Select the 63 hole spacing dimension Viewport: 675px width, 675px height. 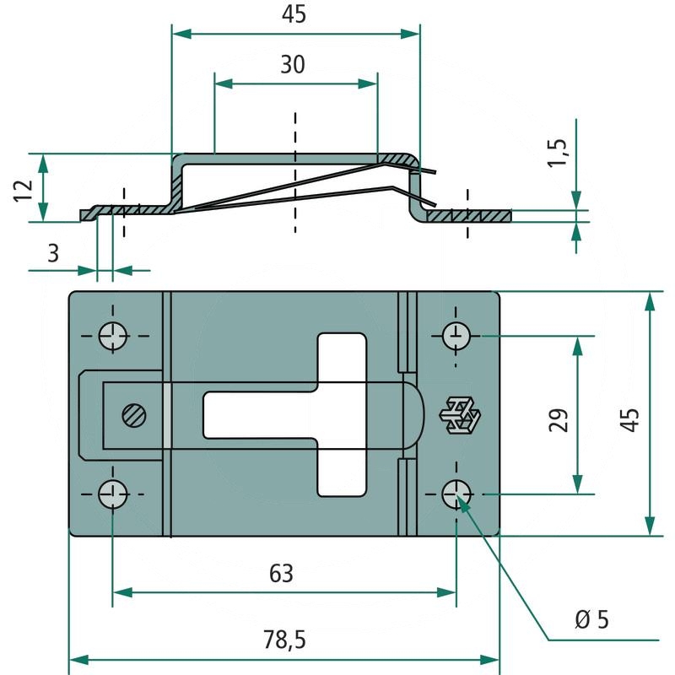[281, 574]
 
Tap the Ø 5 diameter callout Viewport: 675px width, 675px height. [591, 620]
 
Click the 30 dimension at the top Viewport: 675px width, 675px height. [293, 65]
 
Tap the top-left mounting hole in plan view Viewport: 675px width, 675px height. [112, 336]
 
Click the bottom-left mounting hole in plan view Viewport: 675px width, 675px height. [112, 493]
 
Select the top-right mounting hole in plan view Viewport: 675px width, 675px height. [456, 336]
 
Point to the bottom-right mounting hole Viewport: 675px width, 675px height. [456, 493]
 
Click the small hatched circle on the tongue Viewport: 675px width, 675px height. [133, 415]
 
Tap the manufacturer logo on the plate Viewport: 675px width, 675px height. [460, 415]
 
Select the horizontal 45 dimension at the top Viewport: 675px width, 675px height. [294, 14]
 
